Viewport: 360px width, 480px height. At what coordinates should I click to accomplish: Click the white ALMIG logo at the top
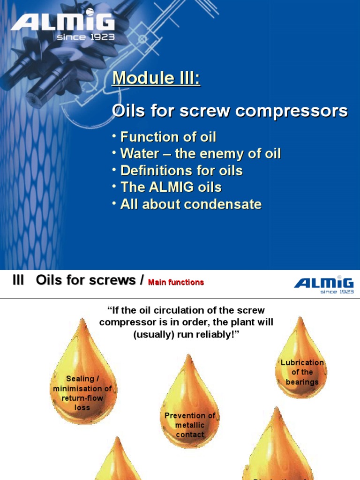62,22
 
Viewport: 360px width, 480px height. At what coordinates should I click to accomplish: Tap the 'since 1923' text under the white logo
85,37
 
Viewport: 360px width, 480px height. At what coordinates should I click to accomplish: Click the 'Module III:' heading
156,78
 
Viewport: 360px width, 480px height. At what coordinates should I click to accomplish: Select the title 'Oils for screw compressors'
230,111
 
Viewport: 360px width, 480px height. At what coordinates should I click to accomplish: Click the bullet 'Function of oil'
168,137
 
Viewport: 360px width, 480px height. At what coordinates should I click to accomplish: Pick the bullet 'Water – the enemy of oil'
200,154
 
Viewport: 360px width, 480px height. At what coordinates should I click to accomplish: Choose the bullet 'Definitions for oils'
181,171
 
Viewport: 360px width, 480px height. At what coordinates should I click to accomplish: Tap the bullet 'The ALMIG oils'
171,187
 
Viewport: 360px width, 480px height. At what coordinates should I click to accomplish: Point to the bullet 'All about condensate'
190,204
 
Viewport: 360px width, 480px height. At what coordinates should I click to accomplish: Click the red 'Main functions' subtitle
176,282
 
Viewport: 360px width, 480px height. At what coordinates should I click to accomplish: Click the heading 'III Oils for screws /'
77,280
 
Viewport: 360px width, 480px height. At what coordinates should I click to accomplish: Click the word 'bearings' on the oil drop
302,382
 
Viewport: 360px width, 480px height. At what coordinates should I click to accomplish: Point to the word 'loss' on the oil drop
82,407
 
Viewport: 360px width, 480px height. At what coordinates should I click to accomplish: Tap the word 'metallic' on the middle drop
190,425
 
